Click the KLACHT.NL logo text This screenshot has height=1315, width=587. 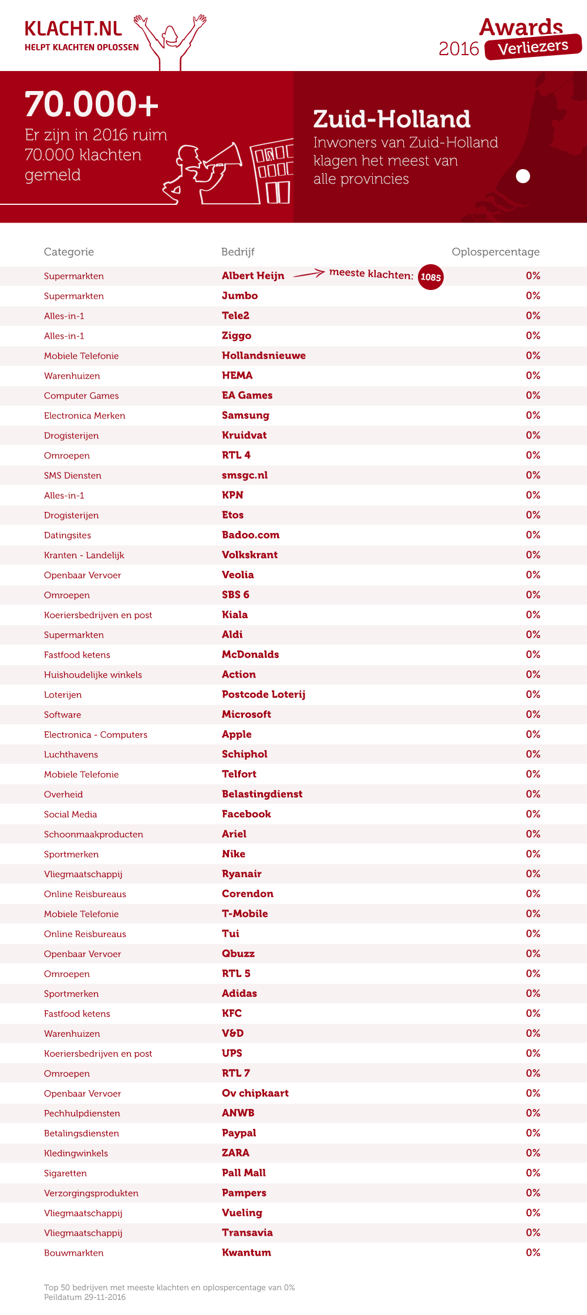[x=73, y=29]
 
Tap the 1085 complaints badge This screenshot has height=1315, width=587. [x=430, y=277]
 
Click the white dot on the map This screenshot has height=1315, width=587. [x=522, y=176]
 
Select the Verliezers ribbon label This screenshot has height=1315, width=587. [x=533, y=47]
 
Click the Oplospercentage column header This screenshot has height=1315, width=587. [x=495, y=252]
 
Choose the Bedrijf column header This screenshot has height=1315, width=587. [x=238, y=252]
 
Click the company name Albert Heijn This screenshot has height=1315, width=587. [x=253, y=276]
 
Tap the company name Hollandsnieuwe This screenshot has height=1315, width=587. [x=264, y=356]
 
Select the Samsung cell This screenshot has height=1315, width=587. [x=245, y=416]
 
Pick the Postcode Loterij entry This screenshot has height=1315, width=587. [x=264, y=694]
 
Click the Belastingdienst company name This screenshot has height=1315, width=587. [x=262, y=794]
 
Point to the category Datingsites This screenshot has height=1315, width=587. [x=68, y=535]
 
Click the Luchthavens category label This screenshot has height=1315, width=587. [x=71, y=754]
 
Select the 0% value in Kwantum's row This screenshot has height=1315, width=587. [x=533, y=1253]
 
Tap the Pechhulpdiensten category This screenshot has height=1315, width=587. [x=82, y=1113]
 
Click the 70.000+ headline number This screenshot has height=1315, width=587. [x=92, y=104]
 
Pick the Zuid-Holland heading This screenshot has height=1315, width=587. [x=392, y=119]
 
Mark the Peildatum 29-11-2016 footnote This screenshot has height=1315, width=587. [x=85, y=1297]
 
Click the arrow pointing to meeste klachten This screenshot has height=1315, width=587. [x=309, y=274]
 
